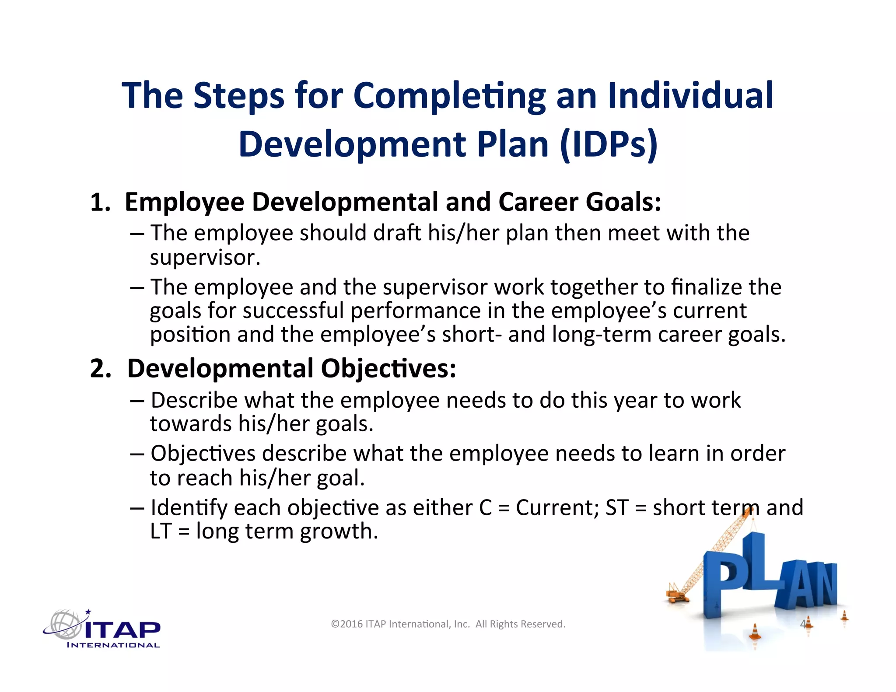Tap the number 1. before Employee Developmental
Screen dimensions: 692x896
(100, 203)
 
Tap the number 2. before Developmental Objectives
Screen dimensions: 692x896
(101, 369)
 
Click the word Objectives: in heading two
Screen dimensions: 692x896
(388, 369)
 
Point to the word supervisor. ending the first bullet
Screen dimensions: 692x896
(205, 257)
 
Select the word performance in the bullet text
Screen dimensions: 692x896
(415, 311)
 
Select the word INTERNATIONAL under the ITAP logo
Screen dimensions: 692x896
(113, 645)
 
